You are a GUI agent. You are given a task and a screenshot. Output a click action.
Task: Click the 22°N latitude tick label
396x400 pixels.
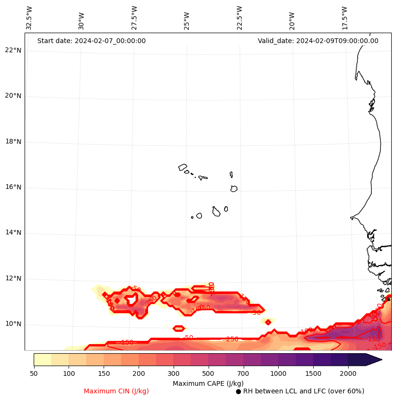click(x=13, y=51)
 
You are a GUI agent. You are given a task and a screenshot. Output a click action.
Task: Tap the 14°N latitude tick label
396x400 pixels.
click(x=13, y=233)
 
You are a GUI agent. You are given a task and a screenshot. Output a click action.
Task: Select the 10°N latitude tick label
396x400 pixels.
click(x=13, y=324)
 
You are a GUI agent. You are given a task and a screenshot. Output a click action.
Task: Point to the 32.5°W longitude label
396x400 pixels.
click(x=29, y=18)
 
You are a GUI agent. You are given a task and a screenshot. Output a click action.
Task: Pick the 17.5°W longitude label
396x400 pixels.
click(x=345, y=18)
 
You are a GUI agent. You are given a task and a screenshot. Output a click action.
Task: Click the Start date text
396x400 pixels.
click(x=91, y=41)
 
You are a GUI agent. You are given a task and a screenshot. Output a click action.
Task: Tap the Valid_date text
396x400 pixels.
click(x=318, y=41)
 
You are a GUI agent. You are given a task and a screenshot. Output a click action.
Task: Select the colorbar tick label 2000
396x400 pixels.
click(x=348, y=374)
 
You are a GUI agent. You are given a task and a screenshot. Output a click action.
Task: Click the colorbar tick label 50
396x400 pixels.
click(x=34, y=374)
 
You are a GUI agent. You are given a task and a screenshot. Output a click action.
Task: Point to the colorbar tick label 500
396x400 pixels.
click(x=208, y=374)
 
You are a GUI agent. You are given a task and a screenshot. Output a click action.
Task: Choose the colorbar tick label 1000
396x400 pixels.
click(x=278, y=374)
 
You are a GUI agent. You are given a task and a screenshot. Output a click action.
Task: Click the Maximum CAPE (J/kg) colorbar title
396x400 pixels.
click(x=208, y=383)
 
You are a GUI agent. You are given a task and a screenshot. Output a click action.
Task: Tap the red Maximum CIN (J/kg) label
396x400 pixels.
click(x=116, y=391)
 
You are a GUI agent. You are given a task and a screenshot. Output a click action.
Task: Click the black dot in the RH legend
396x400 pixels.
click(x=238, y=391)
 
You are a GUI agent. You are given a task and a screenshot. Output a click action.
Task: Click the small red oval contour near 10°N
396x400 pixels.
click(x=178, y=329)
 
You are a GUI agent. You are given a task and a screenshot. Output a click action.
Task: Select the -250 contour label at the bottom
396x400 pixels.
click(x=232, y=339)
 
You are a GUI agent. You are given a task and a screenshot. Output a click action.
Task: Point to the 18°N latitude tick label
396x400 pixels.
click(x=13, y=142)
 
